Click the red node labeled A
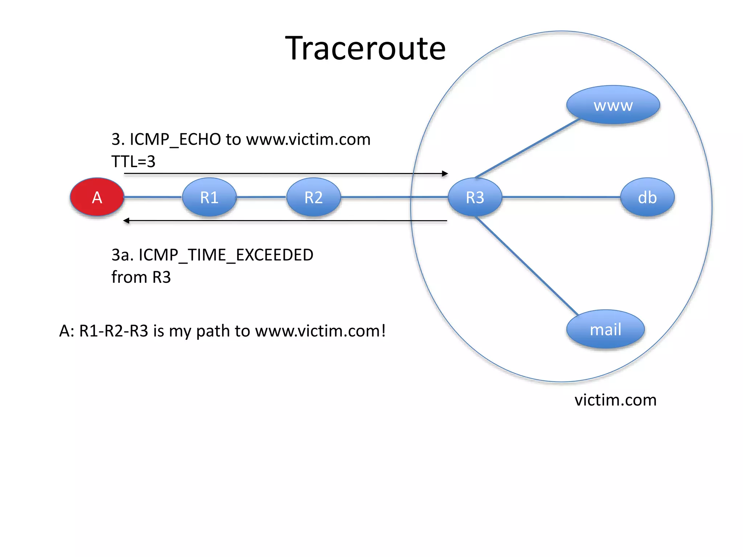click(97, 197)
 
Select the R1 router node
click(209, 197)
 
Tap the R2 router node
click(313, 197)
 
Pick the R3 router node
click(475, 197)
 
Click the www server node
click(613, 105)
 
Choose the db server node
click(647, 197)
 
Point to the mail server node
click(606, 329)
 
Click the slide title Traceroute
click(365, 48)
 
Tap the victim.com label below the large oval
click(615, 400)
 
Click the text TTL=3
click(133, 161)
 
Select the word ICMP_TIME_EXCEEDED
click(226, 255)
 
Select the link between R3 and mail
click(526, 265)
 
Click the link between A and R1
click(153, 197)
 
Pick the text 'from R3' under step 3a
click(141, 277)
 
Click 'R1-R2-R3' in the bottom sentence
click(114, 331)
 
